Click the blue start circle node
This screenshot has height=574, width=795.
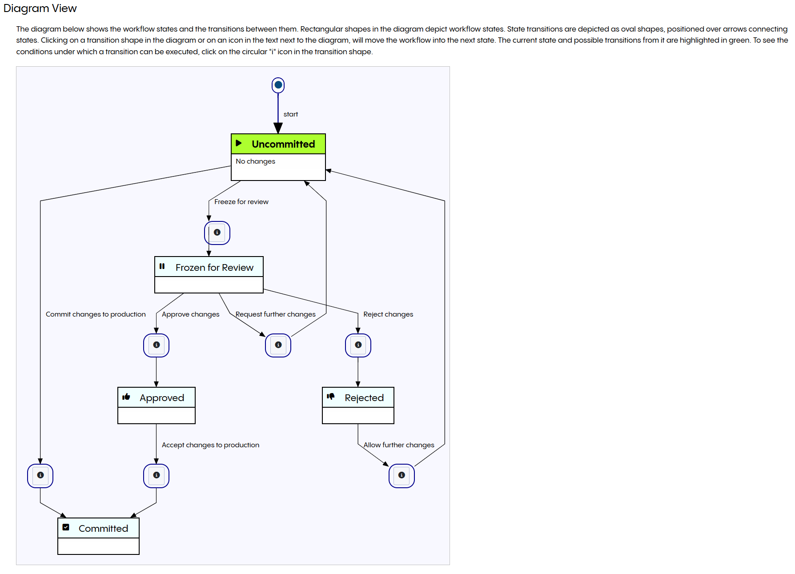(278, 85)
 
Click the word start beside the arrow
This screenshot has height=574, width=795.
(290, 114)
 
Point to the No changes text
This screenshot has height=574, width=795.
(255, 161)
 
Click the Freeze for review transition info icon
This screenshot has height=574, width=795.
(217, 232)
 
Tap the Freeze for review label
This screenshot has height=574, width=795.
(241, 202)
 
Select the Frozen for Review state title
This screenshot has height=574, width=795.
(214, 267)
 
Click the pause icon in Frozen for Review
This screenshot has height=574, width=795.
(162, 266)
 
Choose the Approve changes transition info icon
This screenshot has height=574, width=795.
(156, 345)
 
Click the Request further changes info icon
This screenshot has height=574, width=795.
(278, 345)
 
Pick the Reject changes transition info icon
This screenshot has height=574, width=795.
(358, 345)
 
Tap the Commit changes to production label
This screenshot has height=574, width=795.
(96, 314)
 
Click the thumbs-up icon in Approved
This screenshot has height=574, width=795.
(126, 397)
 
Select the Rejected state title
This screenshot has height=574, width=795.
(364, 398)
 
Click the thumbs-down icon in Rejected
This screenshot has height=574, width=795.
(331, 396)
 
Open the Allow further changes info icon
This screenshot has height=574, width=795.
(402, 475)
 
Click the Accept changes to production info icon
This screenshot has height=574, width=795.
(156, 475)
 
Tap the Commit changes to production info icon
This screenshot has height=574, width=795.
(40, 475)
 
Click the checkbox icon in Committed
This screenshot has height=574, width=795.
(66, 527)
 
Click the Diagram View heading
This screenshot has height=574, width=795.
(40, 8)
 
